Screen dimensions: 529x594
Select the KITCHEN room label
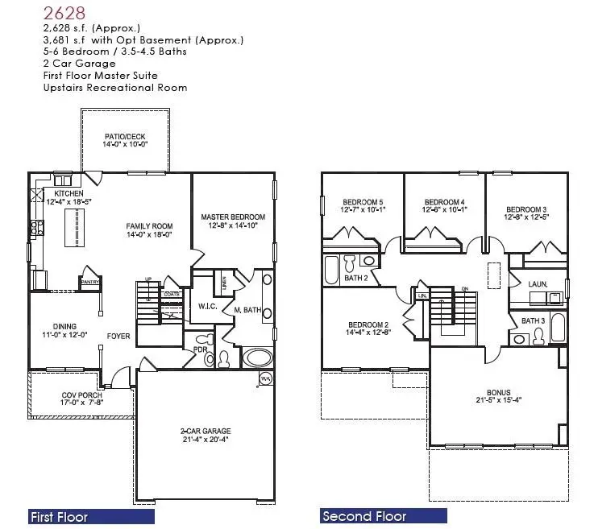click(x=69, y=194)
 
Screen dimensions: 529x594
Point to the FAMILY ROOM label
click(x=150, y=226)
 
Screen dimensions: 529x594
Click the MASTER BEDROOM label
click(x=233, y=217)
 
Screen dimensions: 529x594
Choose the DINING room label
click(x=64, y=327)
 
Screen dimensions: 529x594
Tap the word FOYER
click(x=118, y=337)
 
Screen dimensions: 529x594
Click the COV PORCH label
click(x=81, y=395)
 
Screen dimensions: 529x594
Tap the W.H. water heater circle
click(x=264, y=378)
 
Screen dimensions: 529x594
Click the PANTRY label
click(x=90, y=282)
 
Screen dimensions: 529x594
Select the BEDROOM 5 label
click(x=363, y=202)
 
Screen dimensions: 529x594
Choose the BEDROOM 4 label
click(x=444, y=202)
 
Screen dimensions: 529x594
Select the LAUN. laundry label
click(x=538, y=283)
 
